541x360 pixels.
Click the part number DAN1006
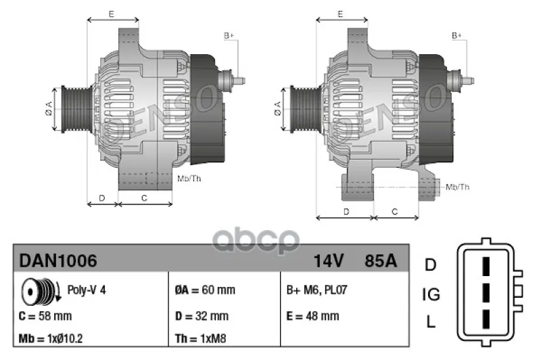[58, 261]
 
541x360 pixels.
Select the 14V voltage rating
[328, 261]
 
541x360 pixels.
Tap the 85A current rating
[381, 261]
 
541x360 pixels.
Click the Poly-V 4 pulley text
[87, 290]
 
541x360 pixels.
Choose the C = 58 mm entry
[45, 316]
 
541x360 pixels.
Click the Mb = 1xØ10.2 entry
[50, 338]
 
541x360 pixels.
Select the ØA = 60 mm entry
[205, 290]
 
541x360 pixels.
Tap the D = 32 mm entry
[202, 316]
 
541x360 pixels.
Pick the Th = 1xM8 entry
[200, 338]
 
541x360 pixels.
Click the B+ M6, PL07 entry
[316, 290]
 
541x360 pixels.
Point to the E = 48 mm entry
[312, 316]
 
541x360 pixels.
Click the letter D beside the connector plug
[431, 265]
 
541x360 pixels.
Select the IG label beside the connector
[431, 295]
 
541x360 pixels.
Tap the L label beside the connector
[431, 322]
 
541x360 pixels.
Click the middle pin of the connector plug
[486, 292]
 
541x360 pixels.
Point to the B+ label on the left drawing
[229, 36]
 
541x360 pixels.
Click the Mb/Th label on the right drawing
[458, 187]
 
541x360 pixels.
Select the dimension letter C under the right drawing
[395, 212]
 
